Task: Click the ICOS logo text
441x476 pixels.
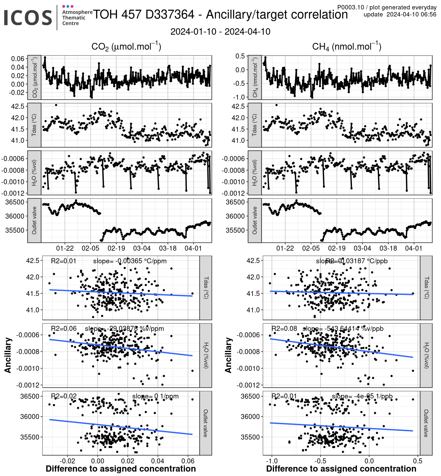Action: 28,18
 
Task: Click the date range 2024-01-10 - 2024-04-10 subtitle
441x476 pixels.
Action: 220,32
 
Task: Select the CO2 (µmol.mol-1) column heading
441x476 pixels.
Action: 126,46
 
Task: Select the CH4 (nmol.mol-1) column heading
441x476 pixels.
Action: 347,46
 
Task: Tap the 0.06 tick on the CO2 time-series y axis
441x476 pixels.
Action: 18,59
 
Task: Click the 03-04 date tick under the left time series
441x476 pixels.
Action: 142,248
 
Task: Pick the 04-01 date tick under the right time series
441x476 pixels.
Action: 414,248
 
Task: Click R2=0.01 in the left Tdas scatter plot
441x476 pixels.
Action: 64,261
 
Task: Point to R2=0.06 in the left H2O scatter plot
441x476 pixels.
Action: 64,328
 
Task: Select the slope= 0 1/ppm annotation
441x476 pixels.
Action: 155,396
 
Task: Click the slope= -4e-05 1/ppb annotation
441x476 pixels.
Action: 362,396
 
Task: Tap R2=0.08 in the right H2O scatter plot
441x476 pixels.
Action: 284,328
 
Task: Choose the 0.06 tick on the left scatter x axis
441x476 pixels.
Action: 188,461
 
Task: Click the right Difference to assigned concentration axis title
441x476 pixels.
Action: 341,469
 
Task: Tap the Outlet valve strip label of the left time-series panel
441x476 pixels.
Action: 34,220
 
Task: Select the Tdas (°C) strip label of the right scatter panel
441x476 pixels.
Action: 426,288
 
